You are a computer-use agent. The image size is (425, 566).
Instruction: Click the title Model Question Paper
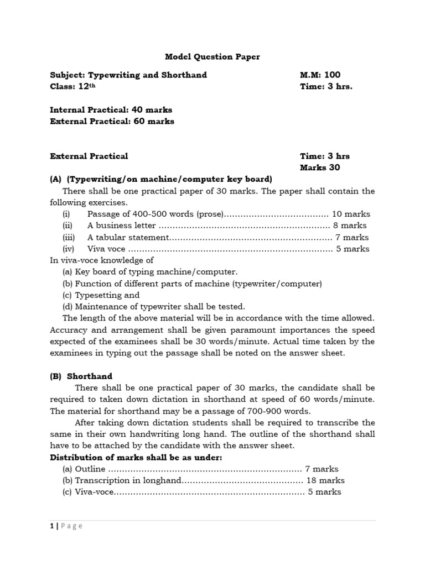(x=212, y=56)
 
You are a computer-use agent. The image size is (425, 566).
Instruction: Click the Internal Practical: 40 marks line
(x=111, y=109)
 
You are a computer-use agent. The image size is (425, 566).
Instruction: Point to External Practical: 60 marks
(x=112, y=121)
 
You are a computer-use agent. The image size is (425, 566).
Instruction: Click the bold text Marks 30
(x=320, y=167)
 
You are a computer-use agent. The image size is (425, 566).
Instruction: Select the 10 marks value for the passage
(x=352, y=214)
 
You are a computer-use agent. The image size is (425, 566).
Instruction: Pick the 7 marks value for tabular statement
(x=352, y=237)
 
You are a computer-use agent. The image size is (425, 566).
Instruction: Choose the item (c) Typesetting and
(x=101, y=295)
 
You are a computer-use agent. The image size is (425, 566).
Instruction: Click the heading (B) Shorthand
(x=81, y=376)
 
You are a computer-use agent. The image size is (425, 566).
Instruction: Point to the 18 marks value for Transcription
(x=326, y=480)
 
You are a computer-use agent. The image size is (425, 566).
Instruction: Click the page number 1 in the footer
(x=51, y=526)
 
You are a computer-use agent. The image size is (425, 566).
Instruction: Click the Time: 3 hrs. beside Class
(x=326, y=87)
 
